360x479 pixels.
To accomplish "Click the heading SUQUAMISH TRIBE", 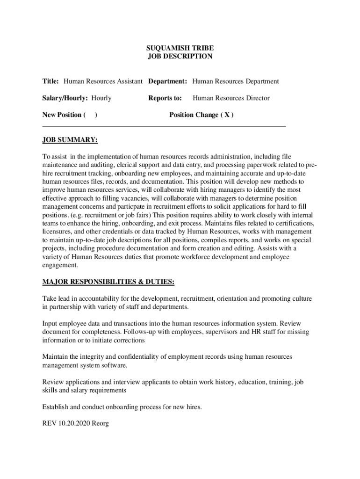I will tap(180, 48).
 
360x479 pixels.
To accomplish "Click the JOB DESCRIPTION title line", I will tap(180, 57).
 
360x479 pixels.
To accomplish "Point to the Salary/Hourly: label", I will tap(65, 98).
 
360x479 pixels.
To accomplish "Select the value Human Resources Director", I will tap(231, 98).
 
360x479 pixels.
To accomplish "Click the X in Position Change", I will tap(226, 115).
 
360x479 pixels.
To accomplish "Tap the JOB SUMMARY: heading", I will tap(70, 140).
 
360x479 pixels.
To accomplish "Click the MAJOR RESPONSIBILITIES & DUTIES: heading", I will tap(108, 282).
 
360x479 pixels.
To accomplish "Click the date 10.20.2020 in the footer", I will tap(73, 424).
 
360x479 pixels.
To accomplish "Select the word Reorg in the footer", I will tap(101, 424).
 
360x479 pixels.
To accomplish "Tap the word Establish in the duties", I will tap(55, 407).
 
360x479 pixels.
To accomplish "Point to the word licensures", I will tap(58, 232).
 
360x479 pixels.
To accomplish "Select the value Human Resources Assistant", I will tap(103, 81).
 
